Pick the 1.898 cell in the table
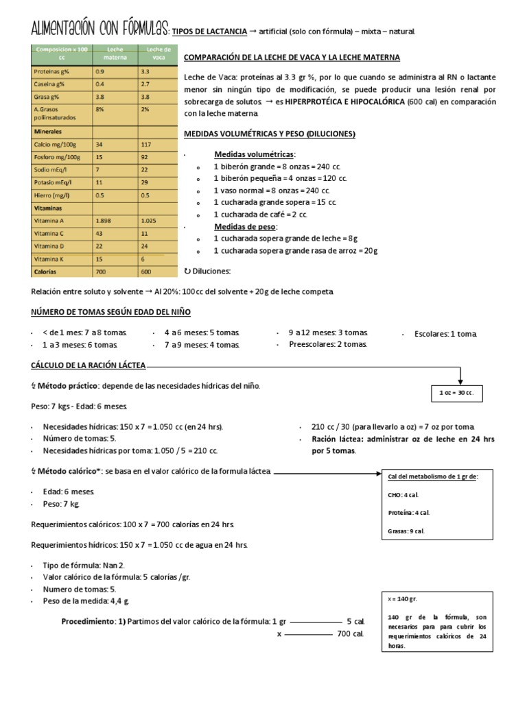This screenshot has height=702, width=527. (105, 221)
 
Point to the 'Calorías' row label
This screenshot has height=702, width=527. (46, 271)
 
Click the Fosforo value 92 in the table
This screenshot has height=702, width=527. (145, 157)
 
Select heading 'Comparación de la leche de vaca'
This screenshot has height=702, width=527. (292, 58)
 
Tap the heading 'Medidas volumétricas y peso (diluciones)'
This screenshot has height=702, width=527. (270, 134)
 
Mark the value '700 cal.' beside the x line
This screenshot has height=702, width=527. (350, 634)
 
